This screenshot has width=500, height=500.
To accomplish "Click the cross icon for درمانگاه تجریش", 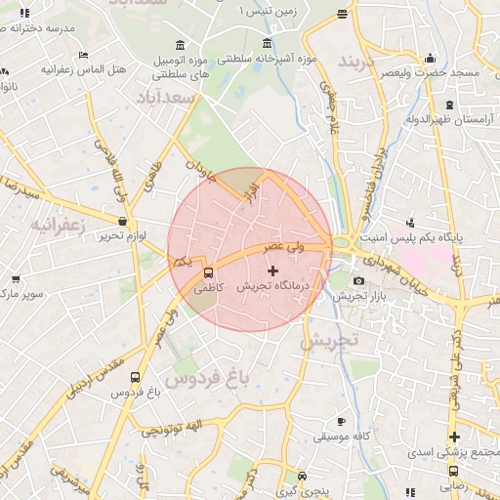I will click(271, 270).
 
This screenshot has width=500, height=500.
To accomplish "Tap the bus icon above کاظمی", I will click(208, 271).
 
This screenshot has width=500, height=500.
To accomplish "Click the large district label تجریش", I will click(330, 342).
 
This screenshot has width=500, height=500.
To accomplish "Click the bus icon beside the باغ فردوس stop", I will click(135, 377).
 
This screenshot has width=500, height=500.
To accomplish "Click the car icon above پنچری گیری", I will click(303, 477).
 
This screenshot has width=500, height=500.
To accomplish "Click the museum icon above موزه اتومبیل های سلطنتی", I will click(182, 46).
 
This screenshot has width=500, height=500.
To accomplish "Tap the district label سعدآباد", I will click(168, 98).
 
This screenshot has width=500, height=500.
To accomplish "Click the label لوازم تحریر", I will click(127, 237).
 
